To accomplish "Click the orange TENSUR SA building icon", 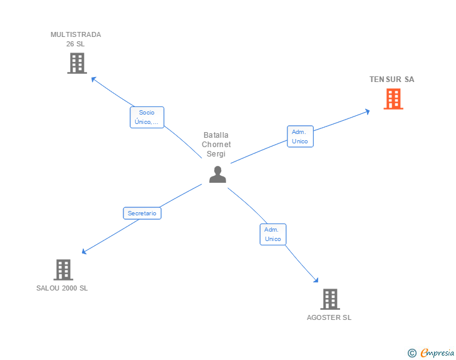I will pyautogui.click(x=393, y=99).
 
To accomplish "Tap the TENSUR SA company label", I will pyautogui.click(x=391, y=80).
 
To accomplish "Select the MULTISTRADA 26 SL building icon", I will pyautogui.click(x=76, y=63).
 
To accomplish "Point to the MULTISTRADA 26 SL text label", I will pyautogui.click(x=76, y=39).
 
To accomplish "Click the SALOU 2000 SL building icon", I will pyautogui.click(x=63, y=270).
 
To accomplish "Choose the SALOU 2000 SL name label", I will pyautogui.click(x=62, y=288).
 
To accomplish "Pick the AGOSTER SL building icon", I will pyautogui.click(x=330, y=299).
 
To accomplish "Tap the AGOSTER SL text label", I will pyautogui.click(x=329, y=317).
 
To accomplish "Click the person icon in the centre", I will pyautogui.click(x=217, y=175).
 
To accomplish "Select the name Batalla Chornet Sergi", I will pyautogui.click(x=216, y=145).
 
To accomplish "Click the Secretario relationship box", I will pyautogui.click(x=142, y=213).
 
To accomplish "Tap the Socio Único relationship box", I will pyautogui.click(x=147, y=117).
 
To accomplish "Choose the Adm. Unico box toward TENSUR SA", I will pyautogui.click(x=300, y=136).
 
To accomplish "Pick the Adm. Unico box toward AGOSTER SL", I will pyautogui.click(x=273, y=234).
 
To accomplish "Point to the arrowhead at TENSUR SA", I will pyautogui.click(x=367, y=111).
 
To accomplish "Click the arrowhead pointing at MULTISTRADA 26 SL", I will pyautogui.click(x=93, y=79).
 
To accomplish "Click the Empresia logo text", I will pyautogui.click(x=437, y=353).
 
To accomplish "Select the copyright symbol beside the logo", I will pyautogui.click(x=412, y=353).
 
